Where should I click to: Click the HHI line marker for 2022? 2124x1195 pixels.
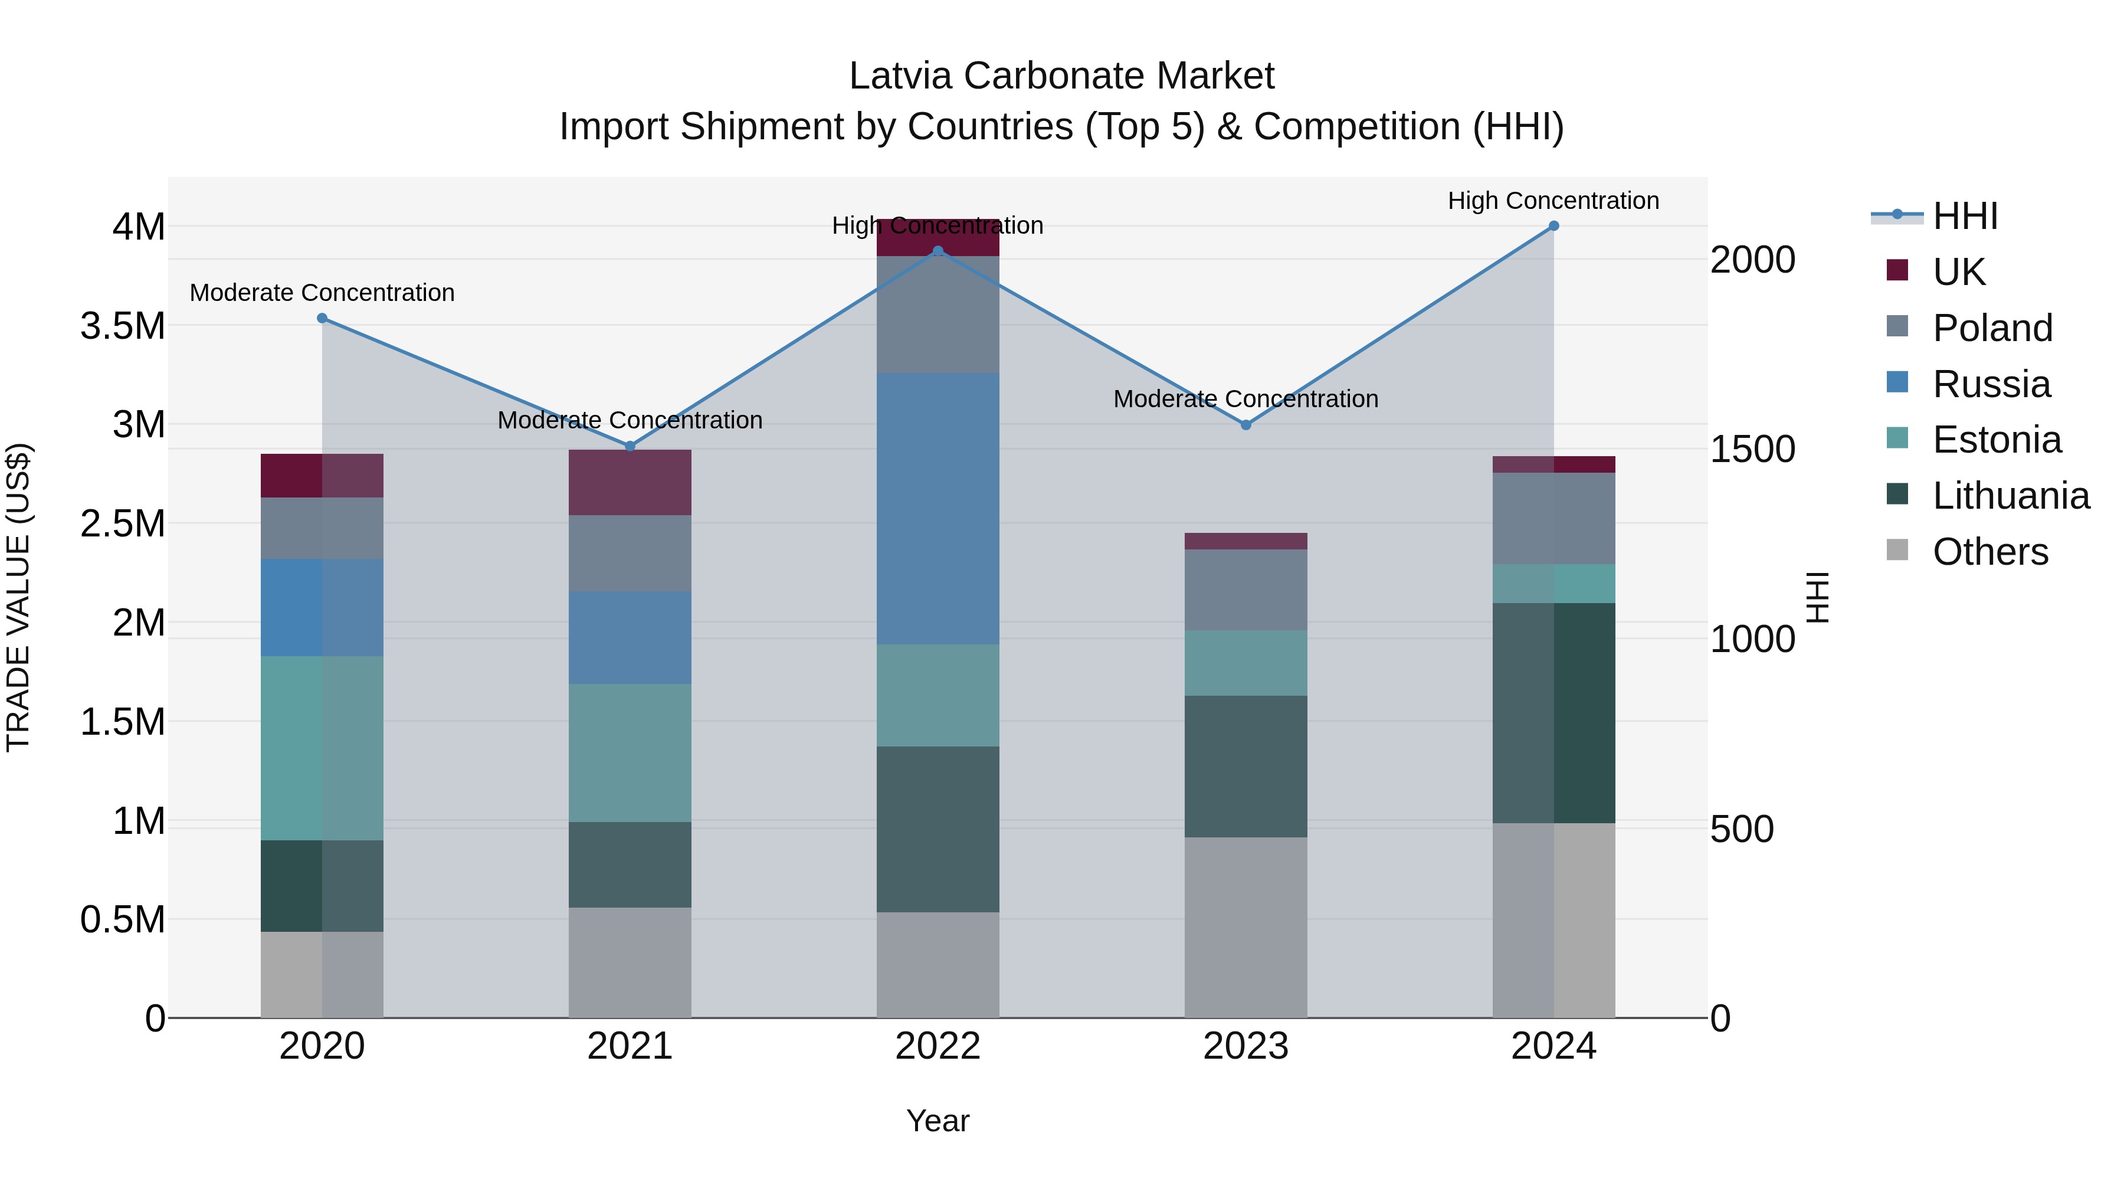click(938, 251)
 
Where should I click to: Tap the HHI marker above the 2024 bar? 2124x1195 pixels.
click(1553, 226)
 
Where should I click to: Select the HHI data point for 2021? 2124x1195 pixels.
click(630, 446)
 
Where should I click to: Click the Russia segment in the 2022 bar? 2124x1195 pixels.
click(938, 508)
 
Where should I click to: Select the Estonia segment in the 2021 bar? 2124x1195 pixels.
click(630, 752)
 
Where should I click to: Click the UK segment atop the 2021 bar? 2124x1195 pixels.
click(630, 483)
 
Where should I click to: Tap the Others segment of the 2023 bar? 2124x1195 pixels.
click(1246, 927)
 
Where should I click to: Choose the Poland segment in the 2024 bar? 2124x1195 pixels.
click(1553, 518)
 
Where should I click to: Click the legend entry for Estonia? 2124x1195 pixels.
click(1995, 440)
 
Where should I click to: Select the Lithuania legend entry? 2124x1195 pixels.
click(2010, 496)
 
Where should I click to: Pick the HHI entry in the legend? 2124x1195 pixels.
click(1965, 216)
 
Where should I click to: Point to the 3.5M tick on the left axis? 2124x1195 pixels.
click(123, 326)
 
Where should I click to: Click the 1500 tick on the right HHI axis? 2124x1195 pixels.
click(1752, 450)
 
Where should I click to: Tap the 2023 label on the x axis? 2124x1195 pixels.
click(1246, 1046)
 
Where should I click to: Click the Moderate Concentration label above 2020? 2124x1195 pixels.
click(322, 293)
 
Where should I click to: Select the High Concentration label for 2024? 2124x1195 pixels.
click(1553, 201)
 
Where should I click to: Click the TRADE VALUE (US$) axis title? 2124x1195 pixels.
click(18, 597)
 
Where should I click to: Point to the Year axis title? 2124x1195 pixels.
click(938, 1121)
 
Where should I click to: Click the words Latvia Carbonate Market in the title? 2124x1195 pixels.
click(1061, 76)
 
